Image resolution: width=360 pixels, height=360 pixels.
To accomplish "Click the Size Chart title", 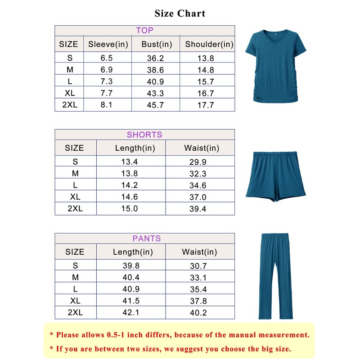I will [180, 13].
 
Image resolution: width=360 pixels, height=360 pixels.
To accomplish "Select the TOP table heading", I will [144, 31].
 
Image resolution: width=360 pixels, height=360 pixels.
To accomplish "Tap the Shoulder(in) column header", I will [209, 44].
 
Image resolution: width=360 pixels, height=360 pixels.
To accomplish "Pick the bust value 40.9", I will [156, 82].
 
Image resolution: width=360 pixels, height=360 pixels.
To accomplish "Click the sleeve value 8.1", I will [106, 105].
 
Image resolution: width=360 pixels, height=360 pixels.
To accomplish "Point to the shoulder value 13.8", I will [206, 58].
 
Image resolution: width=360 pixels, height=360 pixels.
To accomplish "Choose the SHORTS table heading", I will [144, 135].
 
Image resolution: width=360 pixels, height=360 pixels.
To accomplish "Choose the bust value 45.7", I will [156, 105].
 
